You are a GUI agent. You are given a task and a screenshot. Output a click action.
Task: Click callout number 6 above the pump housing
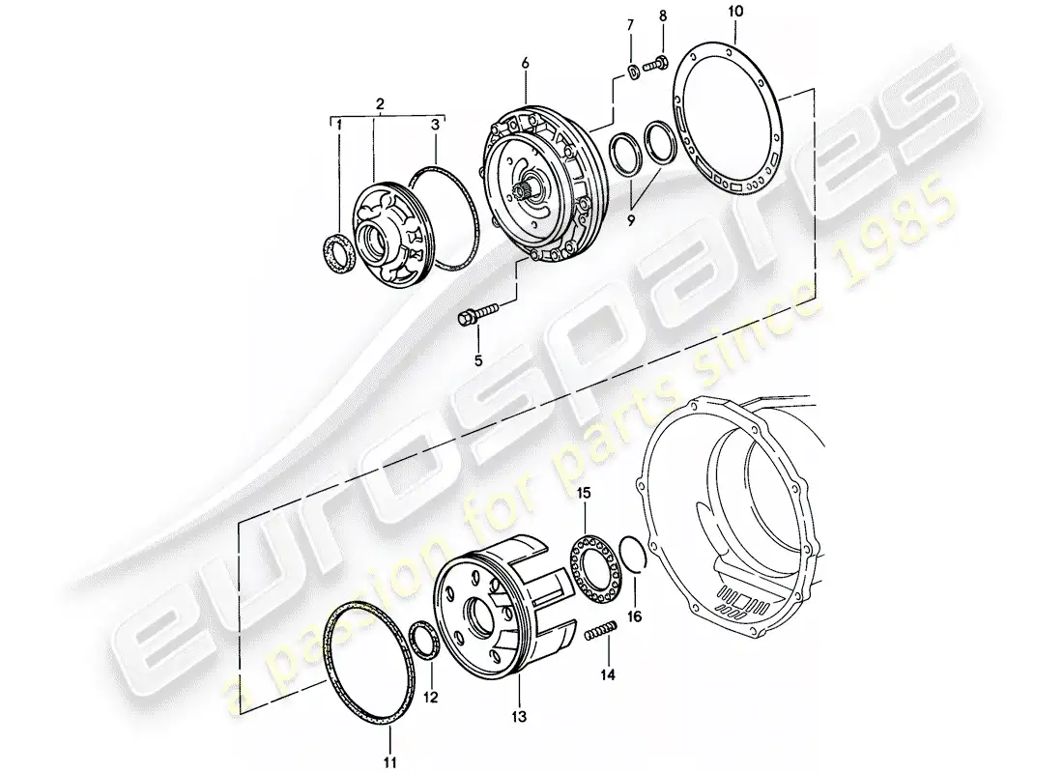pos(525,63)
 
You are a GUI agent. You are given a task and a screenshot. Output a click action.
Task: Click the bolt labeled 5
pos(477,313)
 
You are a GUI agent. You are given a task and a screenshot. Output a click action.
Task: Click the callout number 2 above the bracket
pos(380,102)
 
